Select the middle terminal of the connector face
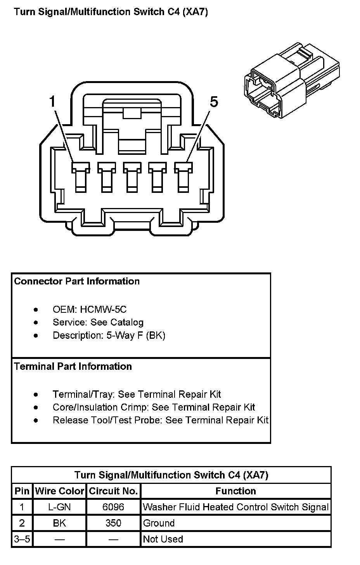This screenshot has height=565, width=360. coord(132,177)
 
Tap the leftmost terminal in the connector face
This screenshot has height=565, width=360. coord(81,177)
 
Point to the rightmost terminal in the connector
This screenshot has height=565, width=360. coord(183,177)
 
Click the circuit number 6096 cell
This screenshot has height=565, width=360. coord(113,507)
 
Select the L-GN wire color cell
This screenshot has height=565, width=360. coord(59,507)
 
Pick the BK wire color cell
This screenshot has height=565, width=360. coord(59,523)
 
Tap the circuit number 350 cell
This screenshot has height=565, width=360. coord(113,523)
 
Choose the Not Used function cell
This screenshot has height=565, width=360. coord(163,539)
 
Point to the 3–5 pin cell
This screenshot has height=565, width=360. coord(22,539)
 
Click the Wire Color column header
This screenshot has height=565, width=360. coord(59,491)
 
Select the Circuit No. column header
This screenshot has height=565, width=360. coord(113,491)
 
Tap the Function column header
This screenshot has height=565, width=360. coord(235,491)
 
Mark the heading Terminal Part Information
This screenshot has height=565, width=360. coord(73,366)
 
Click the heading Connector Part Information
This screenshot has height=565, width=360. coord(77,281)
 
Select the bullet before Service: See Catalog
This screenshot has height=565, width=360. coord(36,322)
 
